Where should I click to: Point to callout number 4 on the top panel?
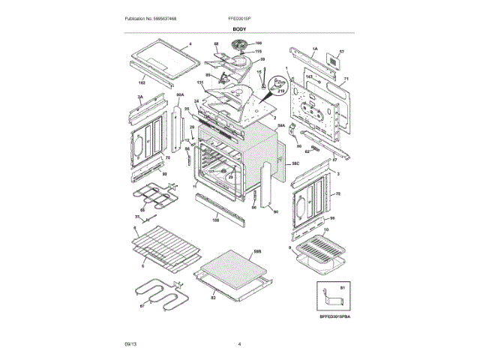click(x=190, y=44)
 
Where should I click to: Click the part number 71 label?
click(x=346, y=79)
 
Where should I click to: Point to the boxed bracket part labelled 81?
click(x=329, y=300)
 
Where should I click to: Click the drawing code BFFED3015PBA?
click(x=330, y=318)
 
